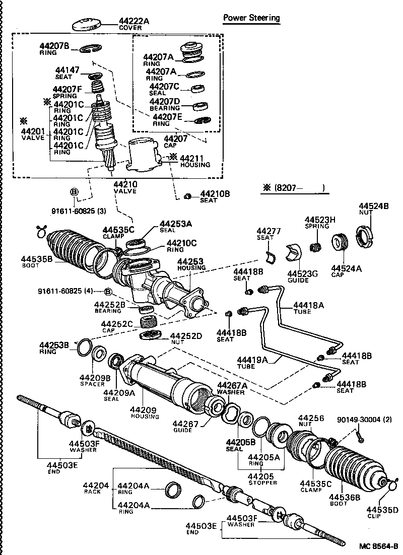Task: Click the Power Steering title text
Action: click(x=251, y=18)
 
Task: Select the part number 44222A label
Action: click(x=134, y=21)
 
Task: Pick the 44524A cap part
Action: click(x=339, y=242)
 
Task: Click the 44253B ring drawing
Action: click(x=84, y=347)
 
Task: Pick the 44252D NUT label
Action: click(x=186, y=338)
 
